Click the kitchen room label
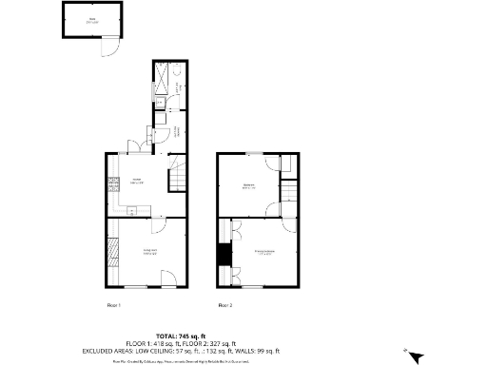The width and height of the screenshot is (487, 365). click(137, 181)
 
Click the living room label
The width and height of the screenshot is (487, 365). click(149, 252)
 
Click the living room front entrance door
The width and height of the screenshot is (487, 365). click(168, 279)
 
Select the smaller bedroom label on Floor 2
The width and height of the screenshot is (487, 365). click(248, 186)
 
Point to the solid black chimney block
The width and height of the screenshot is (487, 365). click(224, 255)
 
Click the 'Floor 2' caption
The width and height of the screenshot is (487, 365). click(225, 305)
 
